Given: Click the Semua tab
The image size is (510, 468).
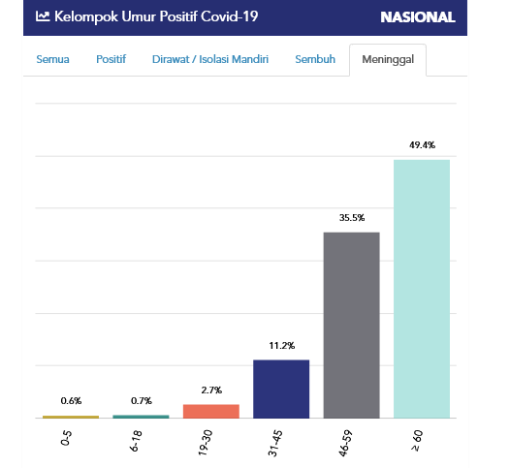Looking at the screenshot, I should coord(52,60).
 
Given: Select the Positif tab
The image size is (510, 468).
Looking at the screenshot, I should coord(111,60).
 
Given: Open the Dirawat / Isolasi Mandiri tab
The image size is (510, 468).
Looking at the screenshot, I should coord(209,60).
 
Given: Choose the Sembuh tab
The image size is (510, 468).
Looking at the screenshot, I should coord(315,60).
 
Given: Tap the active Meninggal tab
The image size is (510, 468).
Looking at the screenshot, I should coord(388,60).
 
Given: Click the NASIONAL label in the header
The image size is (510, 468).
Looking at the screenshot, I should coord(417,16).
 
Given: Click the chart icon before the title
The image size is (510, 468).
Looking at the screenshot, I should coord(43,16).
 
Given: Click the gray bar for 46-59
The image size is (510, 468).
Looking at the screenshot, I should coord(351,326).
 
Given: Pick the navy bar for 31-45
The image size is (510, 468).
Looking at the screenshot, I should coord(281,389).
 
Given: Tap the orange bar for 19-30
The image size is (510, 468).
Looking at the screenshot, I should coord(210,411).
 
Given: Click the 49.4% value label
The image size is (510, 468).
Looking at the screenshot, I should coord(422,145).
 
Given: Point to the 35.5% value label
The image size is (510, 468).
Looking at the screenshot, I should coord(351,218).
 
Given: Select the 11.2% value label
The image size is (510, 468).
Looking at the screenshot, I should coord(281,345).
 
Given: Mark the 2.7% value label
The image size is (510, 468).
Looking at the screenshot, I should coord(210,390).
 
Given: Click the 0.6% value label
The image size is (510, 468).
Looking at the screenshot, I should coord(71,400).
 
